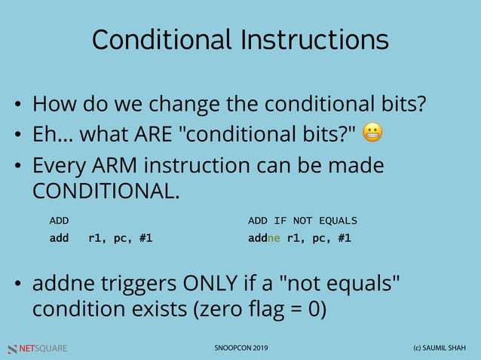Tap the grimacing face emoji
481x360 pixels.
click(372, 134)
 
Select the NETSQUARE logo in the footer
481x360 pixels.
click(37, 349)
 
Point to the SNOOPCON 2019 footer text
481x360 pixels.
click(240, 349)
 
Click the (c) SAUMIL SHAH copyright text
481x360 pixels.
click(431, 349)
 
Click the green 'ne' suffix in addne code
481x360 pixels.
click(276, 239)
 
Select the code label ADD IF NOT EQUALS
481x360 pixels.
click(302, 221)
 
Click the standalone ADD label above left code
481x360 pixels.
click(59, 221)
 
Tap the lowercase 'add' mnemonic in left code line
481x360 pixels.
click(59, 239)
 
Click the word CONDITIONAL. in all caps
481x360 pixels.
click(106, 190)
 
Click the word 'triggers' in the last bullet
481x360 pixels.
click(134, 285)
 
